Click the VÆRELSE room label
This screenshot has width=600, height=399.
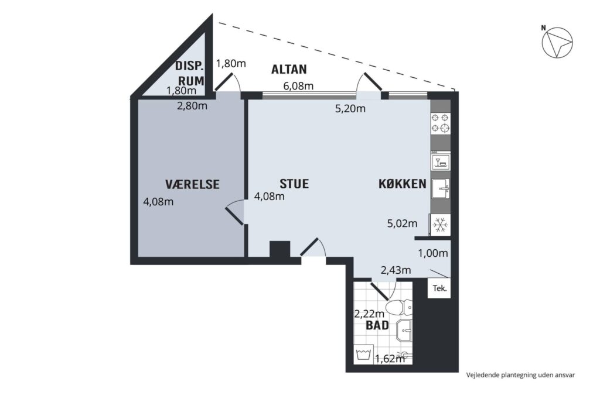(x=192, y=184)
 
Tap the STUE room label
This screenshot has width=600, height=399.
(x=294, y=184)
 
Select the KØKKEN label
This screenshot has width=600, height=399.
(x=402, y=184)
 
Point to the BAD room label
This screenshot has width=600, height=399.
(x=377, y=326)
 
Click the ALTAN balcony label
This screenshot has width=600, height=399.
(x=289, y=69)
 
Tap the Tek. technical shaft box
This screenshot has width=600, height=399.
(x=439, y=288)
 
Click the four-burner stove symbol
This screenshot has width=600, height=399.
(x=441, y=123)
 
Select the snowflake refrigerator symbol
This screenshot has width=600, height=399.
(x=441, y=225)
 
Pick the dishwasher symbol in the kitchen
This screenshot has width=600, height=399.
(x=441, y=161)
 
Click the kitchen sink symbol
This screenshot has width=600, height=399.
(x=441, y=188)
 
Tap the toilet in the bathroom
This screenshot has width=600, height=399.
(x=399, y=307)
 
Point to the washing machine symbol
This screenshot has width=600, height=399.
(x=363, y=355)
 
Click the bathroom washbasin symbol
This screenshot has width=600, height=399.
(x=404, y=331)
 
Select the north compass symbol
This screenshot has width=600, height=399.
(x=557, y=42)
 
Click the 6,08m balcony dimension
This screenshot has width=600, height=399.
(x=298, y=86)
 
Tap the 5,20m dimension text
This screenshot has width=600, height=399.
(x=350, y=109)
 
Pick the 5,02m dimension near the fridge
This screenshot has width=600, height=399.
(x=402, y=223)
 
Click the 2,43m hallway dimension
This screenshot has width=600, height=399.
(x=396, y=270)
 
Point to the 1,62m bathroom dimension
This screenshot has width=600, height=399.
(x=390, y=359)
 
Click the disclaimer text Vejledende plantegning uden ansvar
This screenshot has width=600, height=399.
(x=520, y=375)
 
